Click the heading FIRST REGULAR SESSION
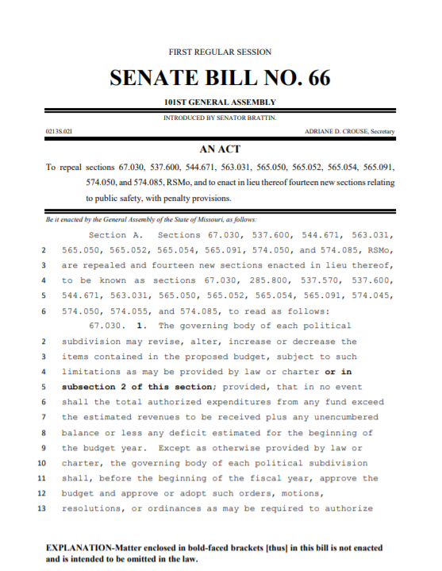click(220, 52)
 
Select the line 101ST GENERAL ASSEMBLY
click(220, 102)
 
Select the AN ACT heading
click(221, 149)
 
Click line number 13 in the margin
click(42, 508)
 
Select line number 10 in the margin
click(42, 463)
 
